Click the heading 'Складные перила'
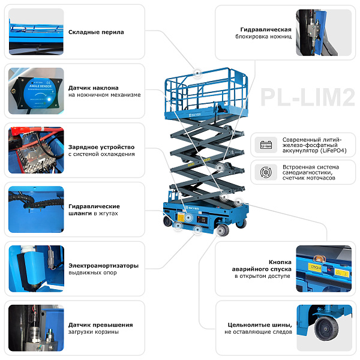[96, 32]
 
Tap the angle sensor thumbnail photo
[36, 91]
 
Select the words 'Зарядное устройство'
[101, 147]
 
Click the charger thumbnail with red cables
[36, 150]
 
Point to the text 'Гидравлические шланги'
[94, 210]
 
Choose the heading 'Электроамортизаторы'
[104, 266]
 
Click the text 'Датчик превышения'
[101, 325]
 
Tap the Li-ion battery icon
[266, 145]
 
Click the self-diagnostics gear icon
[266, 172]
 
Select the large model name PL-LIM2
[308, 97]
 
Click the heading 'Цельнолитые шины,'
[260, 325]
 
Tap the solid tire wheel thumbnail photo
[324, 328]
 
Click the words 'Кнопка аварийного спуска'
[262, 266]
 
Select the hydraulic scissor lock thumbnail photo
[324, 32]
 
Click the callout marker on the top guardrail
[197, 73]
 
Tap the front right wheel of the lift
[223, 230]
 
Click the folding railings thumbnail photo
[36, 32]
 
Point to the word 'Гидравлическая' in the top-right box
[266, 29]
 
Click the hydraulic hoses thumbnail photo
[36, 209]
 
